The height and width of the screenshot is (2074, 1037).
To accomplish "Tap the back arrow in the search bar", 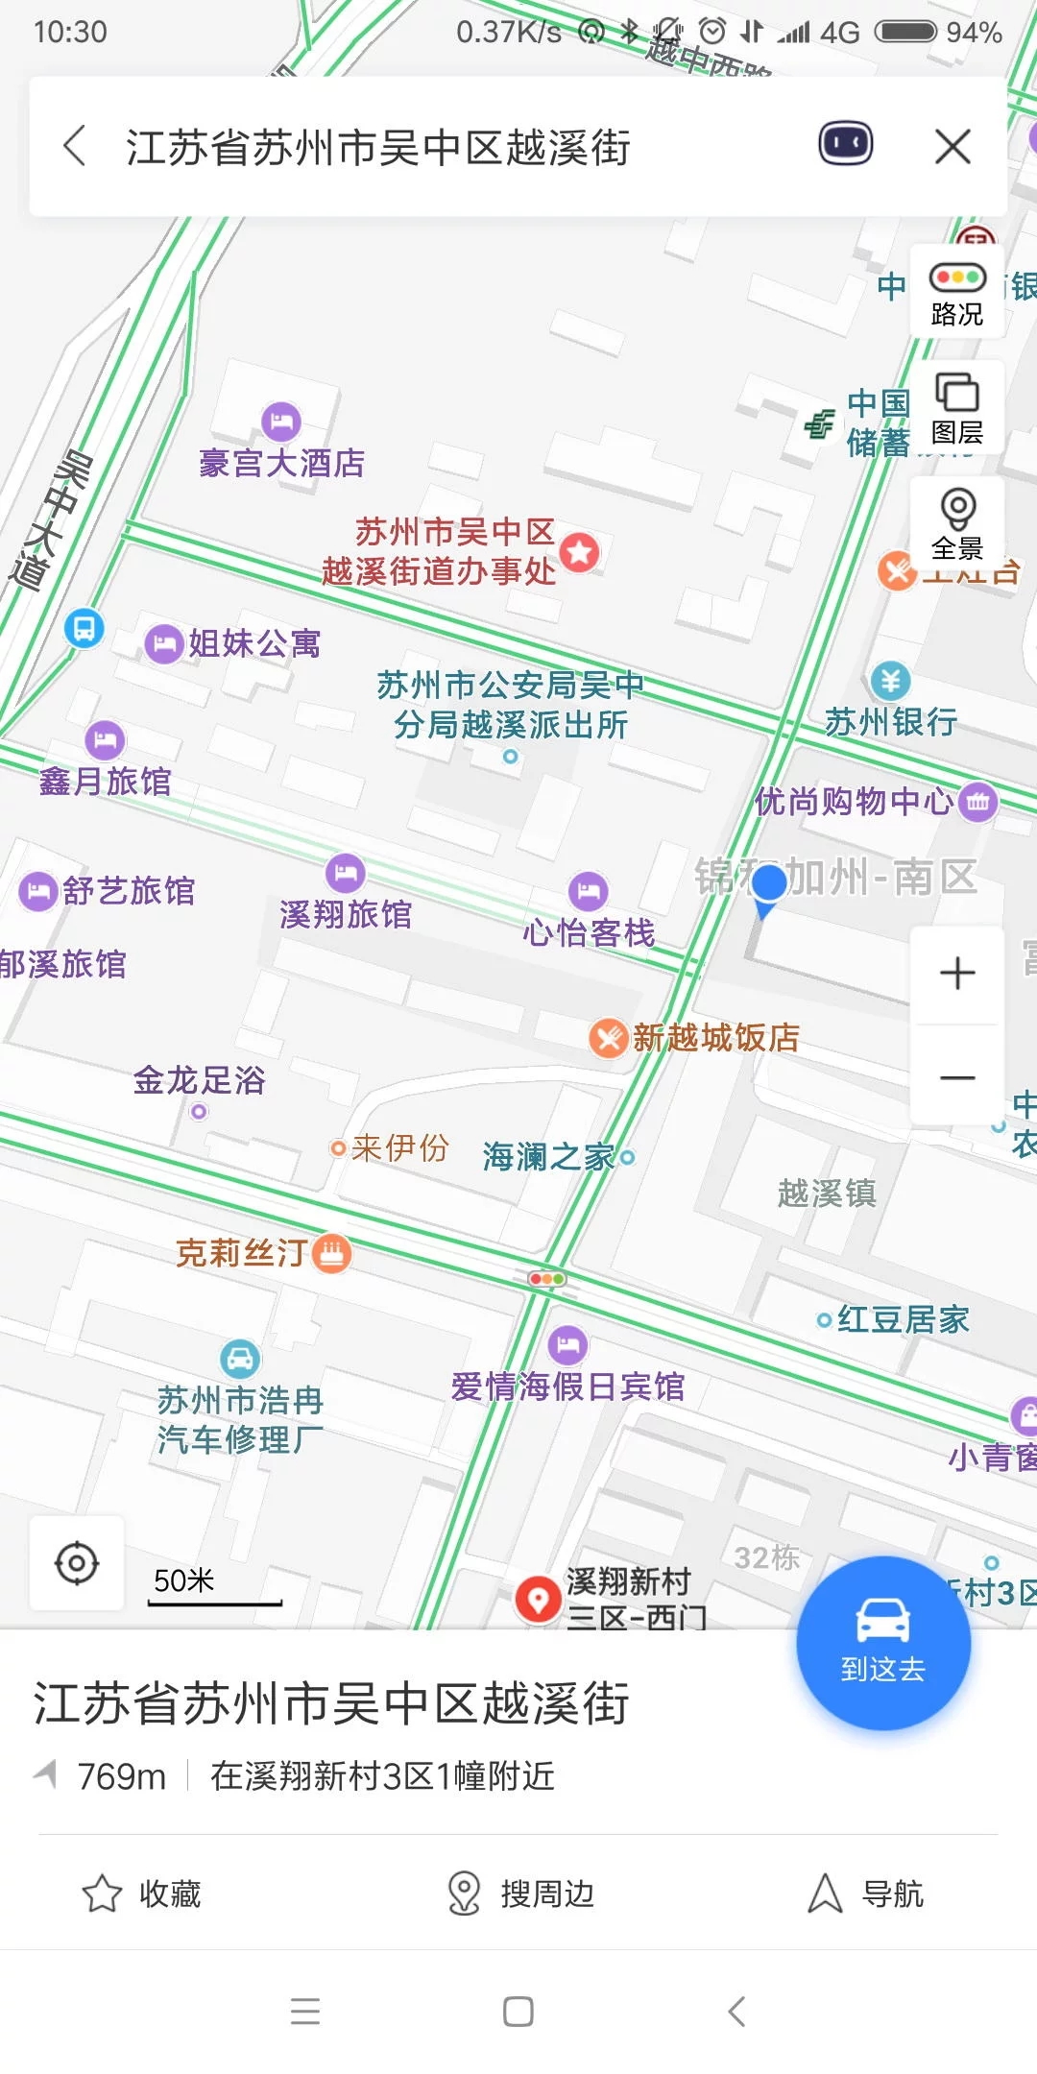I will pyautogui.click(x=75, y=147).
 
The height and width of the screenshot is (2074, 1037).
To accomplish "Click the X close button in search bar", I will pyautogui.click(x=953, y=147).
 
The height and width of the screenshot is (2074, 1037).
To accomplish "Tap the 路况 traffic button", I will pyautogui.click(x=957, y=293).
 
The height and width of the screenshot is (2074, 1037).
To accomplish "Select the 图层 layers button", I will pyautogui.click(x=957, y=408).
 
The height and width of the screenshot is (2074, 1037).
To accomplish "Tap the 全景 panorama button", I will pyautogui.click(x=957, y=523).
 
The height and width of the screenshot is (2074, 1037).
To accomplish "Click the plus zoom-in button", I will pyautogui.click(x=957, y=973).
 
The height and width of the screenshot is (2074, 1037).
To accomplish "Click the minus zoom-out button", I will pyautogui.click(x=957, y=1077).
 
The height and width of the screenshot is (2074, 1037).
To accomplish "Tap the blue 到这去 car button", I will pyautogui.click(x=883, y=1642).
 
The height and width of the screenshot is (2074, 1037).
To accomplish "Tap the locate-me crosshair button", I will pyautogui.click(x=77, y=1563).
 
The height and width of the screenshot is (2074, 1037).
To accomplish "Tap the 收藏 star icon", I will pyautogui.click(x=102, y=1893).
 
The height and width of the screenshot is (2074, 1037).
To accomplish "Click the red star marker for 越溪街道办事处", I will pyautogui.click(x=580, y=552).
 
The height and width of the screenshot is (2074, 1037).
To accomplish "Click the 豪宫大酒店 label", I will pyautogui.click(x=281, y=463).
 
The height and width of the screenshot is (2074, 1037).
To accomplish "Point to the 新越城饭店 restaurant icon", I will pyautogui.click(x=608, y=1038).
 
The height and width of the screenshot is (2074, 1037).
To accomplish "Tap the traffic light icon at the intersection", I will pyautogui.click(x=546, y=1279).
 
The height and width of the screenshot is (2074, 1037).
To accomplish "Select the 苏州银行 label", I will pyautogui.click(x=891, y=721).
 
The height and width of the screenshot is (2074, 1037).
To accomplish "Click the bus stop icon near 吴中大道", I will pyautogui.click(x=84, y=629).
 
